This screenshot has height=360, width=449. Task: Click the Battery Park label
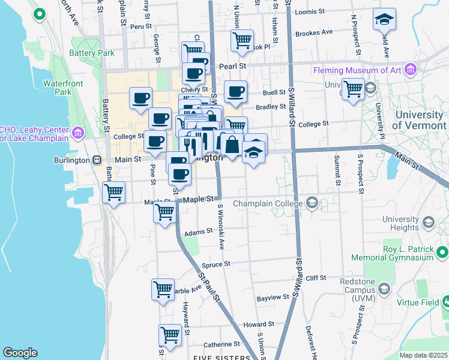pyautogui.click(x=92, y=53)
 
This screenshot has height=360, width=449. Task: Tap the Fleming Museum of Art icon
pyautogui.click(x=411, y=70)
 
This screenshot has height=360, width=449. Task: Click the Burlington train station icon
pyautogui.click(x=96, y=160)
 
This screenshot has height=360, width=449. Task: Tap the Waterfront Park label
pyautogui.click(x=57, y=88)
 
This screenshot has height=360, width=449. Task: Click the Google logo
pyautogui.click(x=20, y=353)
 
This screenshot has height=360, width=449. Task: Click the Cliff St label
pyautogui.click(x=315, y=278)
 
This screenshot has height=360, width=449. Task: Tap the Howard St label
pyautogui.click(x=259, y=324)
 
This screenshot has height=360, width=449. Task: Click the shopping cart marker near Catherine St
pyautogui.click(x=170, y=334)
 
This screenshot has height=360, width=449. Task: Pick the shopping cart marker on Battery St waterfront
pyautogui.click(x=113, y=192)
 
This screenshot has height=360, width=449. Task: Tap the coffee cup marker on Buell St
pyautogui.click(x=235, y=92)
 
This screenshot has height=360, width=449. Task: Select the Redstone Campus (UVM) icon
pyautogui.click(x=384, y=289)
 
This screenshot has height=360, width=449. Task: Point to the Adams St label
pyautogui.click(x=199, y=231)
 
